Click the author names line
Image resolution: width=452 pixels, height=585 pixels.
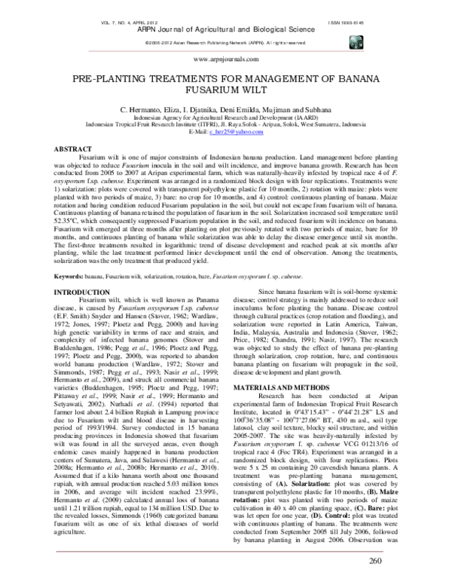[226, 110]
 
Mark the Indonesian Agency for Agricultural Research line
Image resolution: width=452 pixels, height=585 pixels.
[226, 118]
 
